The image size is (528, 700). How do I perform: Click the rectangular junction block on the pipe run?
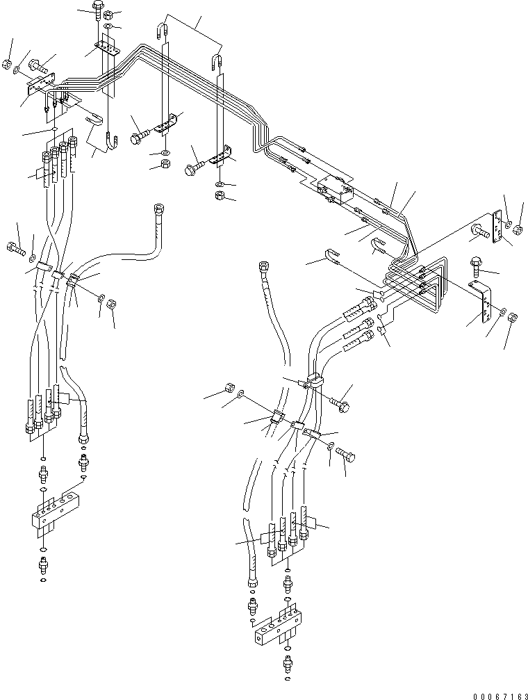[333, 188]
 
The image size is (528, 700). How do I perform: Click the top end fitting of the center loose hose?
[263, 267]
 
